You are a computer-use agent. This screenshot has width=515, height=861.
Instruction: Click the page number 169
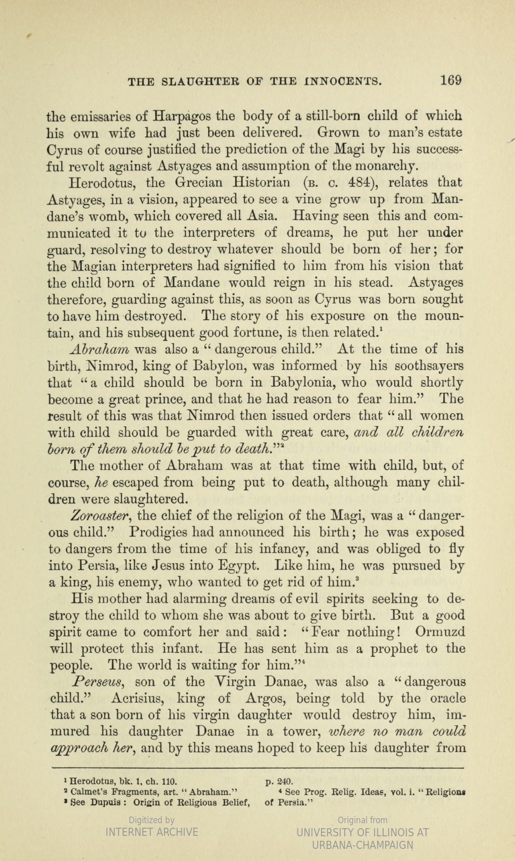(450, 80)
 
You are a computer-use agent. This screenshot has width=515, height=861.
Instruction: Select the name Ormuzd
(440, 632)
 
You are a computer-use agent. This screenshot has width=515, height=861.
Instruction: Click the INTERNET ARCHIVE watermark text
(151, 832)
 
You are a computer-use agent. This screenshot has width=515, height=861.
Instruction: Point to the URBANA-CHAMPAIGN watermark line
(362, 844)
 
